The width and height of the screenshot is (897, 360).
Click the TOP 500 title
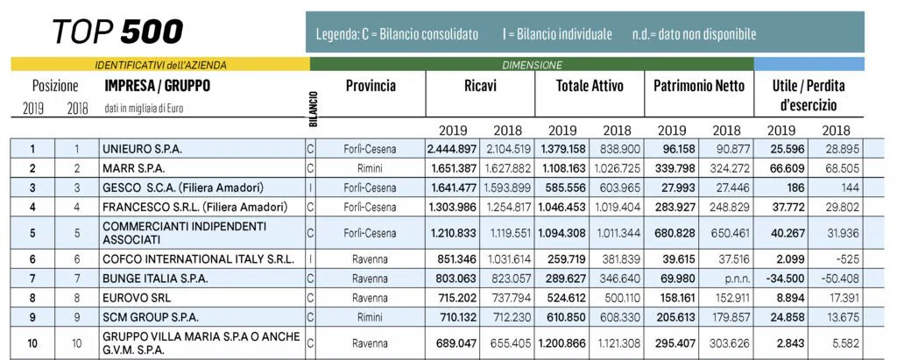tap(117, 32)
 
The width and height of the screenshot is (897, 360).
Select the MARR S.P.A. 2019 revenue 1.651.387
tap(452, 167)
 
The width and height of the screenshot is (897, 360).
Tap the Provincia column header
tap(371, 86)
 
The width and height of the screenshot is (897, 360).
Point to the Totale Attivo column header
tap(590, 86)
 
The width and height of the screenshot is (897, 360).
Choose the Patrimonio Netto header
tap(699, 86)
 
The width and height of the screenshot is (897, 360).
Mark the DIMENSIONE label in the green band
tap(532, 65)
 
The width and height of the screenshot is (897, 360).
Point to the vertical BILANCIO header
tap(313, 106)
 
